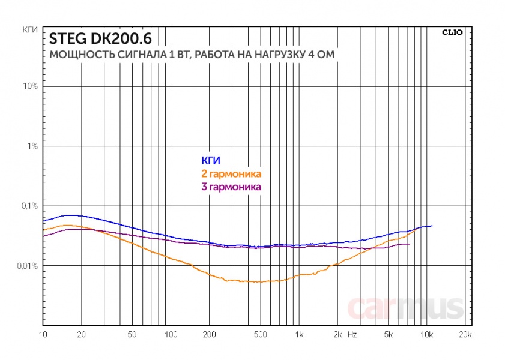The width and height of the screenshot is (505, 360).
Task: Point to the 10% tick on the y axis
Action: [30, 86]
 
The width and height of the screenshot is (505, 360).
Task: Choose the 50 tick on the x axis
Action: [133, 334]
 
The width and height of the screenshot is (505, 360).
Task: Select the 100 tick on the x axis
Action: [171, 334]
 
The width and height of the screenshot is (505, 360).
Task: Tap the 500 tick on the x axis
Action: [261, 334]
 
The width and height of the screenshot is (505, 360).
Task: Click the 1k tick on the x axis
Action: [299, 334]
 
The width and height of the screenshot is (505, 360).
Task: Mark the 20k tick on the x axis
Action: [465, 334]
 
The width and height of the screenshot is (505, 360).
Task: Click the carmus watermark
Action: [406, 308]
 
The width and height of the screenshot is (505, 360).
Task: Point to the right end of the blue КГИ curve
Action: [432, 226]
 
